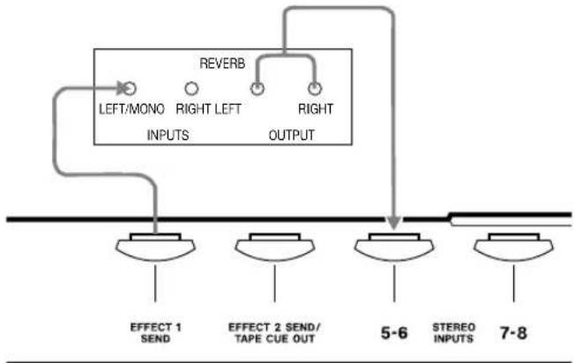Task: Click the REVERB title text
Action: (x=222, y=63)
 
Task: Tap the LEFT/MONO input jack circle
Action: (x=130, y=88)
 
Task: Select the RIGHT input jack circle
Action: (x=191, y=88)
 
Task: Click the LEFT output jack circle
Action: (x=257, y=88)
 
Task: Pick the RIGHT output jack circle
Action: (x=315, y=88)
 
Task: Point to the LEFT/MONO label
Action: (x=131, y=109)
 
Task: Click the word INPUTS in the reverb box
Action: (x=168, y=136)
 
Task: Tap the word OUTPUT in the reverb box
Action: (x=291, y=136)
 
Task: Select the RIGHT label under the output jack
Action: (x=316, y=109)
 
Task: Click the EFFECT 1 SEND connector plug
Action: (x=155, y=247)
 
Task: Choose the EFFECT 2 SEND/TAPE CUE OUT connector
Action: (x=275, y=247)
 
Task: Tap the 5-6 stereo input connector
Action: (x=394, y=247)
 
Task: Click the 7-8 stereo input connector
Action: (x=513, y=247)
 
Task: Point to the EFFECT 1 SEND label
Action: (x=155, y=333)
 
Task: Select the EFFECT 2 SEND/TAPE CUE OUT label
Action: (x=274, y=333)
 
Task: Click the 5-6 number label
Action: (x=394, y=333)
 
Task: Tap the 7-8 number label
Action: (x=513, y=333)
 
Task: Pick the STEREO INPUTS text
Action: (x=454, y=333)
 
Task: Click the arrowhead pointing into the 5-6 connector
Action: (x=394, y=223)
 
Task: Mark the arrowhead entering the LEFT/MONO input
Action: (x=123, y=88)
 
